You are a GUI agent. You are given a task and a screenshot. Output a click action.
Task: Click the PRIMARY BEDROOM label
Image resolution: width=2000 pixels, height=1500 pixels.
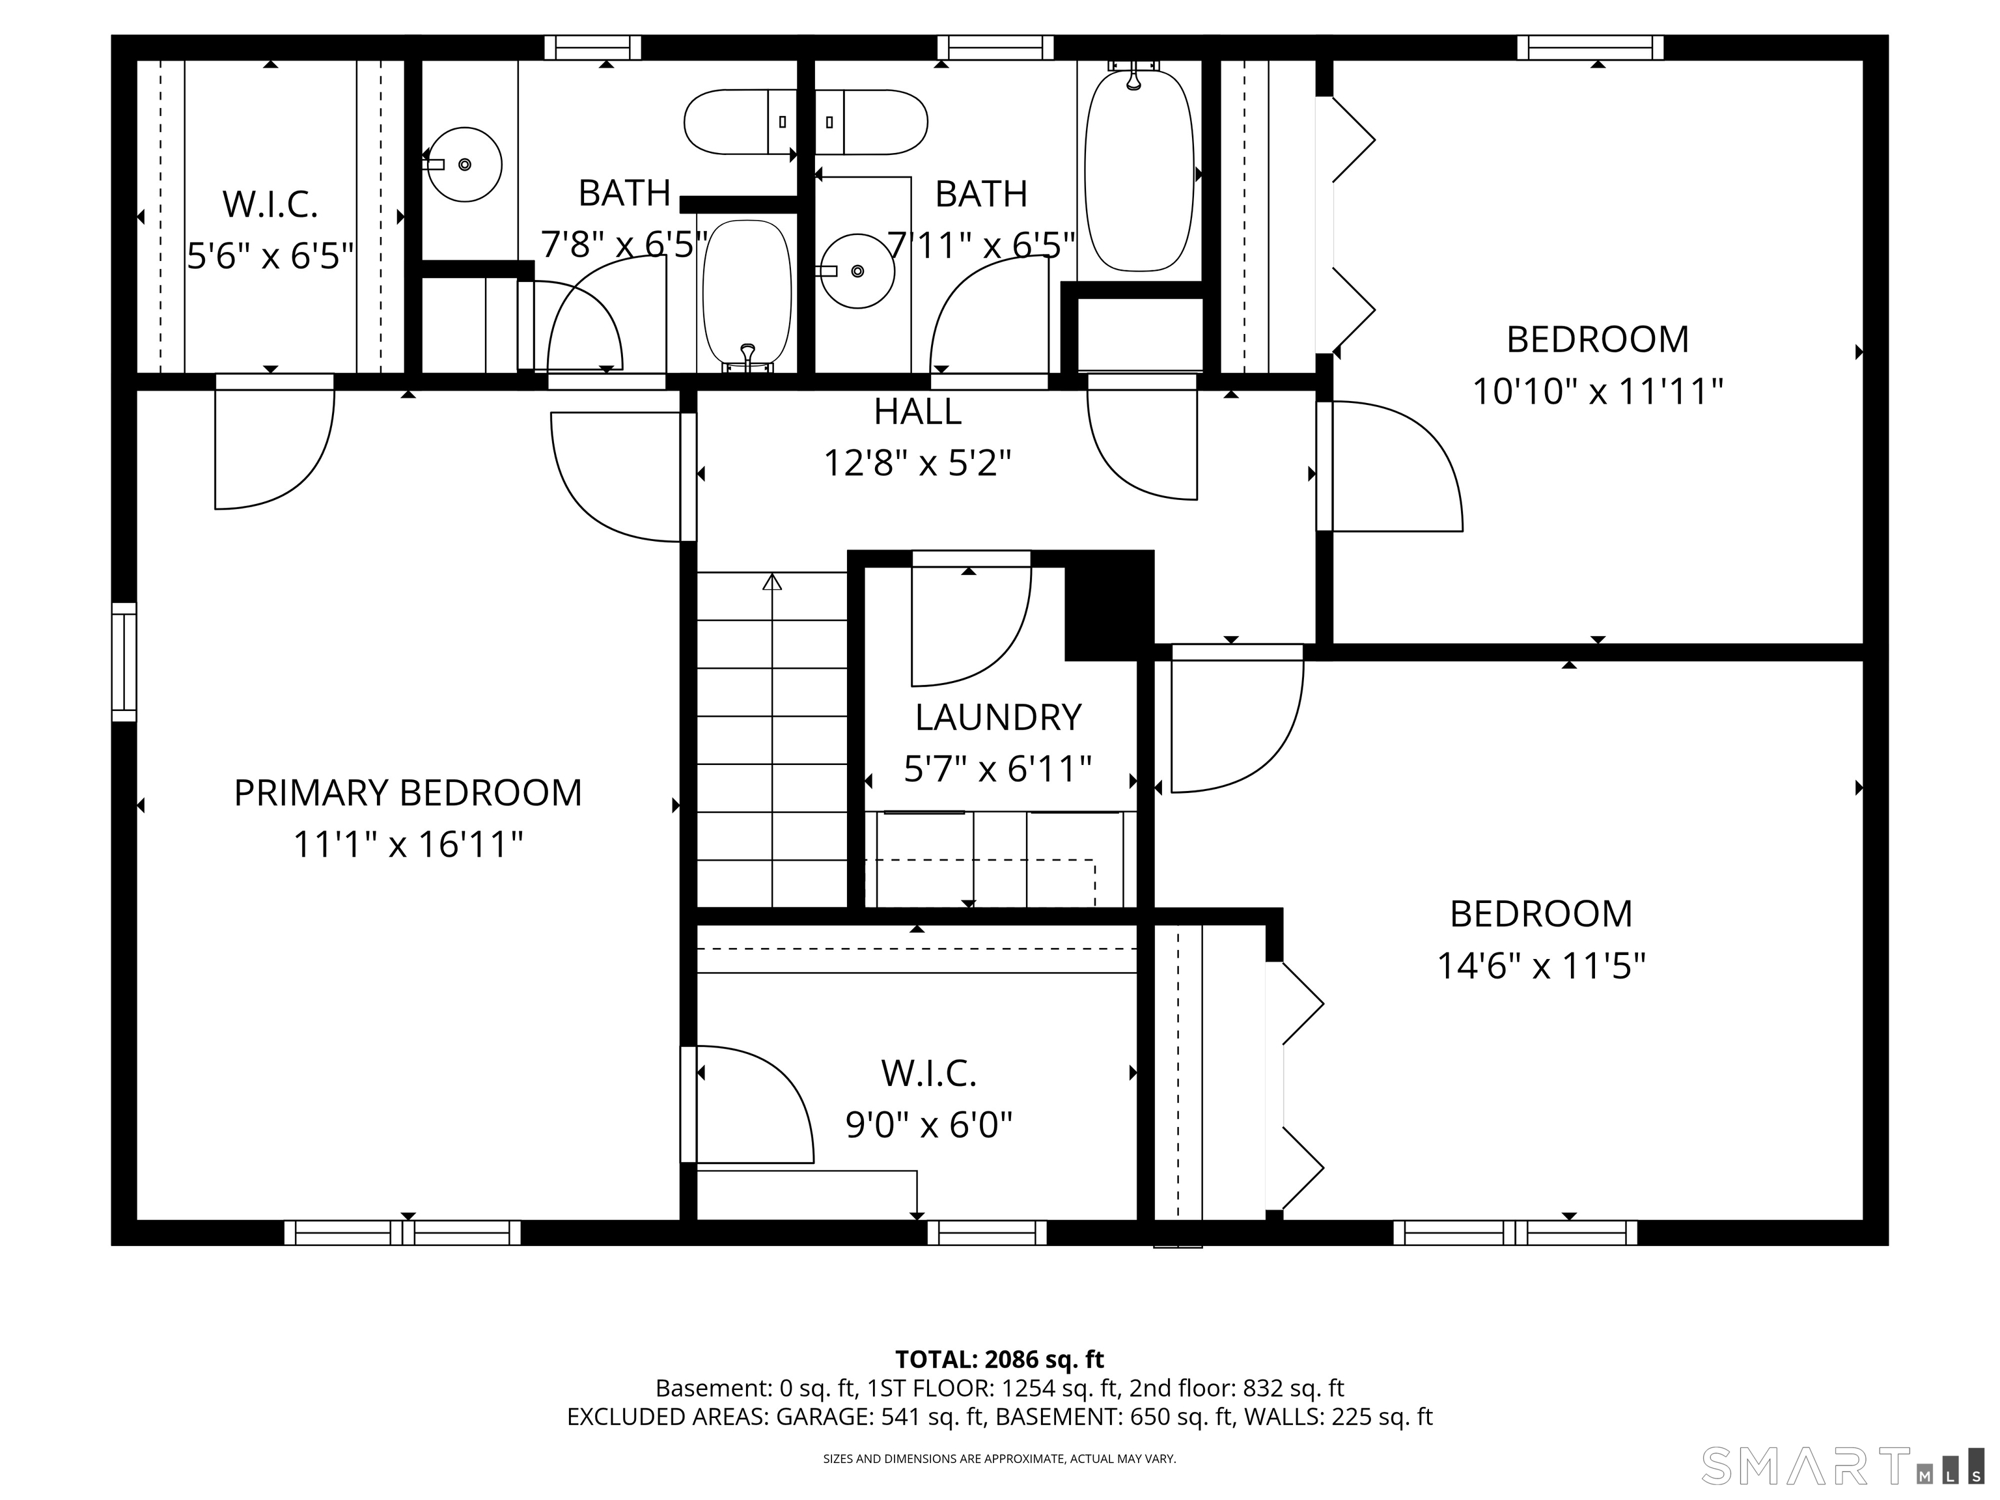(408, 793)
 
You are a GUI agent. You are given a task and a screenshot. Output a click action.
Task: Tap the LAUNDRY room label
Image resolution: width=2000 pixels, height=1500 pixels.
(997, 717)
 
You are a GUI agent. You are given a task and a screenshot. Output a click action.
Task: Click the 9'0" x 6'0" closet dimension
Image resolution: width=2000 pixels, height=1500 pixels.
(928, 1125)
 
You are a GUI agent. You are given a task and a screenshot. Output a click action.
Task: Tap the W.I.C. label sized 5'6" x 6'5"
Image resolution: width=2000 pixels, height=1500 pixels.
(270, 204)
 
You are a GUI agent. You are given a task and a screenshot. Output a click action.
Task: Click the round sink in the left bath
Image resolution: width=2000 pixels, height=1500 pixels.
(464, 165)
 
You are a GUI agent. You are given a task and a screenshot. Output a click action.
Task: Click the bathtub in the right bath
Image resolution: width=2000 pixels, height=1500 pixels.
(1139, 172)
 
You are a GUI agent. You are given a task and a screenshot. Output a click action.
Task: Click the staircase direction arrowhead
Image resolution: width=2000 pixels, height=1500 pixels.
(771, 582)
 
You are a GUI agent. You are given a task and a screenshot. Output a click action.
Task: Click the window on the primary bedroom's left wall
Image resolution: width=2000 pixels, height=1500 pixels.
(124, 662)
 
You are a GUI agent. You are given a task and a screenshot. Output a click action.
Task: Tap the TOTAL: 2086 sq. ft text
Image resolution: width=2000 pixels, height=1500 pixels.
(999, 1359)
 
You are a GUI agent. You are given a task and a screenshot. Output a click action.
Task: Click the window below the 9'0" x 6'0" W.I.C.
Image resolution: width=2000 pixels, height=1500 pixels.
(986, 1232)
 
